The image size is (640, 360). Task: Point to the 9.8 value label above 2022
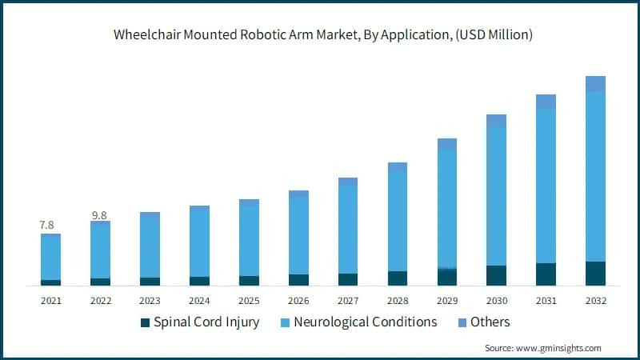point(100,215)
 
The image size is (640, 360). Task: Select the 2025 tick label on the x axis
point(249,301)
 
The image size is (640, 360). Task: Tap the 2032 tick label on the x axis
point(595,301)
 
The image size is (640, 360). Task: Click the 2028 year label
point(398,301)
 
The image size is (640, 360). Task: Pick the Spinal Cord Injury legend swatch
point(145,322)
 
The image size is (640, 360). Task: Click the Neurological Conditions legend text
point(366,322)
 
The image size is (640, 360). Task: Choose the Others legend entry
point(490,322)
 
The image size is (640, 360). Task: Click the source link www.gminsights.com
point(559,348)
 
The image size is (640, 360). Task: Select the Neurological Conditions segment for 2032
point(595,176)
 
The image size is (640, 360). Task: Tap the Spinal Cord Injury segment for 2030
point(496,275)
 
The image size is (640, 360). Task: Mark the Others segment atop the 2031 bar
point(546,101)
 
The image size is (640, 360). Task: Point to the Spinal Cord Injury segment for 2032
point(595,273)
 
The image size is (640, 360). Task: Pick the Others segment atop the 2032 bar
point(595,83)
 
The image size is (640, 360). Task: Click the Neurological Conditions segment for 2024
point(199,243)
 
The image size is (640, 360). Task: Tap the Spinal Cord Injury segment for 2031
point(546,274)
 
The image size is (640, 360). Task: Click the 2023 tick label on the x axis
point(150,301)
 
